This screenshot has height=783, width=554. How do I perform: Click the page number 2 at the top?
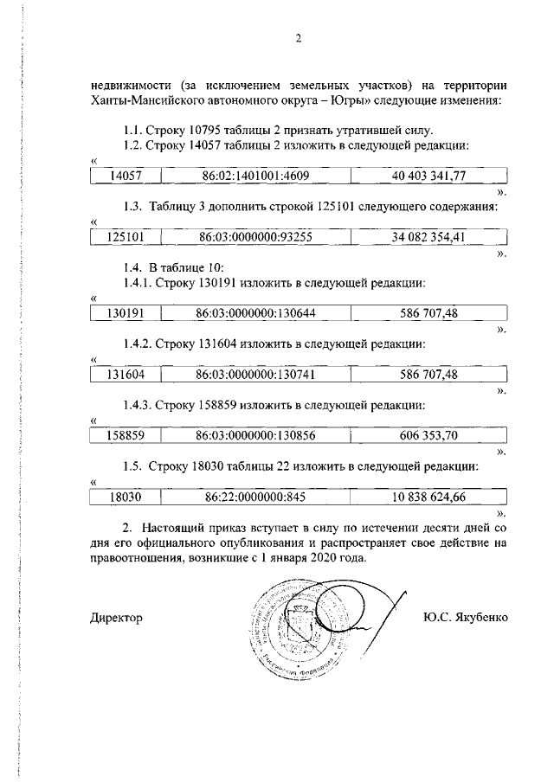point(298,38)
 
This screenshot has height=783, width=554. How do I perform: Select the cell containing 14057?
point(126,176)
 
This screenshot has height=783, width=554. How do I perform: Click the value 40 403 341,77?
point(428,176)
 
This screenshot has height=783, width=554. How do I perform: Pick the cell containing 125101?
point(126,236)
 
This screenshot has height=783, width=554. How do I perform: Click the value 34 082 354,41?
point(428,236)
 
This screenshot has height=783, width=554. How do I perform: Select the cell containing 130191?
point(126,312)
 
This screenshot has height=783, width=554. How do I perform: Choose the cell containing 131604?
point(126,374)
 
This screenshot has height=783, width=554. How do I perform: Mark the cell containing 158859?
point(126,435)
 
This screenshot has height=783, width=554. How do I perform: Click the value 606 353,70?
point(428,435)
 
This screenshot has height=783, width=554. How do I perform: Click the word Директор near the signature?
point(116,618)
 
